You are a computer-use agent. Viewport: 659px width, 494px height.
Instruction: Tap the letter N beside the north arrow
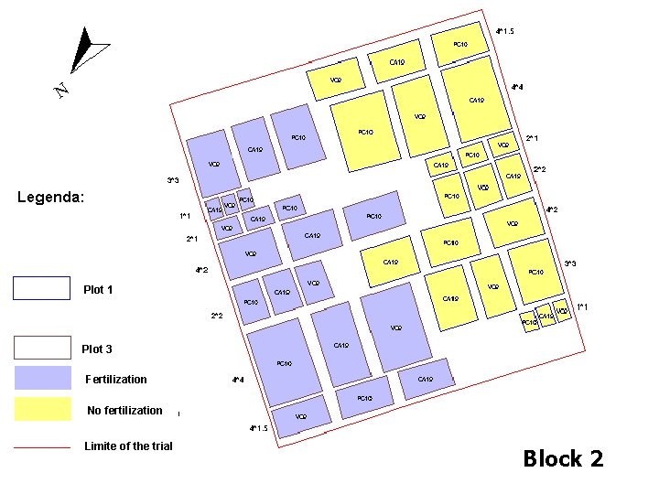click(60, 90)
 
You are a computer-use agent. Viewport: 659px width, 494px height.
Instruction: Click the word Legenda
click(52, 197)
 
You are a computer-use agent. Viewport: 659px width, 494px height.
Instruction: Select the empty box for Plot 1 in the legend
click(42, 288)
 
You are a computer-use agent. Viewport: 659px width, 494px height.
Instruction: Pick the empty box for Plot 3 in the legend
click(42, 348)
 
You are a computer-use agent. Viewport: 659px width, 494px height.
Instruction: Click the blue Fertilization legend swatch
click(42, 379)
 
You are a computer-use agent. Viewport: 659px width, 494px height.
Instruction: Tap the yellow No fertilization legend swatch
click(42, 409)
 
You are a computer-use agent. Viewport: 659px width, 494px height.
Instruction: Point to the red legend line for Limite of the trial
click(42, 447)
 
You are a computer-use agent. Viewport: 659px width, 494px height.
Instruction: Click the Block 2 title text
click(563, 458)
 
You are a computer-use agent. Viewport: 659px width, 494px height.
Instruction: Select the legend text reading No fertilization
click(124, 411)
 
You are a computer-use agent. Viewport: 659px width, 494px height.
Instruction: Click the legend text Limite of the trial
click(128, 446)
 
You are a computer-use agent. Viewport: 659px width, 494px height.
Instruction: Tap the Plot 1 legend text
click(98, 290)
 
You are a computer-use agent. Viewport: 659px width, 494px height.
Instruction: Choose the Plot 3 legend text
click(97, 349)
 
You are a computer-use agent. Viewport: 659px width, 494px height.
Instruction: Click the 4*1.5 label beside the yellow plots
click(504, 32)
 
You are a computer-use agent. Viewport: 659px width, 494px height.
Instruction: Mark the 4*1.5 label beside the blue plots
click(258, 428)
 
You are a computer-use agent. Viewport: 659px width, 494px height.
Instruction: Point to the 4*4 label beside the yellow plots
click(517, 88)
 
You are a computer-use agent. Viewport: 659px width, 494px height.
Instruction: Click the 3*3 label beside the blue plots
click(173, 180)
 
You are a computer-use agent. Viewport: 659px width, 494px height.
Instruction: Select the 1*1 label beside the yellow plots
click(582, 306)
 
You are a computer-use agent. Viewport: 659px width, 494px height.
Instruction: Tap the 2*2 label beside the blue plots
click(217, 317)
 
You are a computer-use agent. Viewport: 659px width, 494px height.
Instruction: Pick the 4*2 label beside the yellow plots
click(552, 209)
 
